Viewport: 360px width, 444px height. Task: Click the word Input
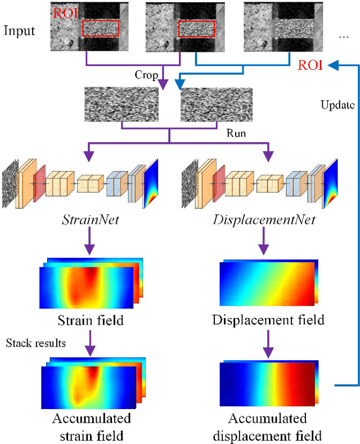point(20,30)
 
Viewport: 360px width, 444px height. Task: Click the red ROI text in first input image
point(63,12)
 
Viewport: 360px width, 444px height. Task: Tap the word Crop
point(145,74)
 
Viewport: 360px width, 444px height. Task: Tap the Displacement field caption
point(268,320)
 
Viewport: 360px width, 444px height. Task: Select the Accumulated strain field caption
point(91,427)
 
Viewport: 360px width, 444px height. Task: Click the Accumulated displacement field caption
point(268,427)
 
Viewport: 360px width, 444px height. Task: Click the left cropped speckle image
point(121,104)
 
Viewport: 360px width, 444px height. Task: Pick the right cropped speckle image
point(217,104)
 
